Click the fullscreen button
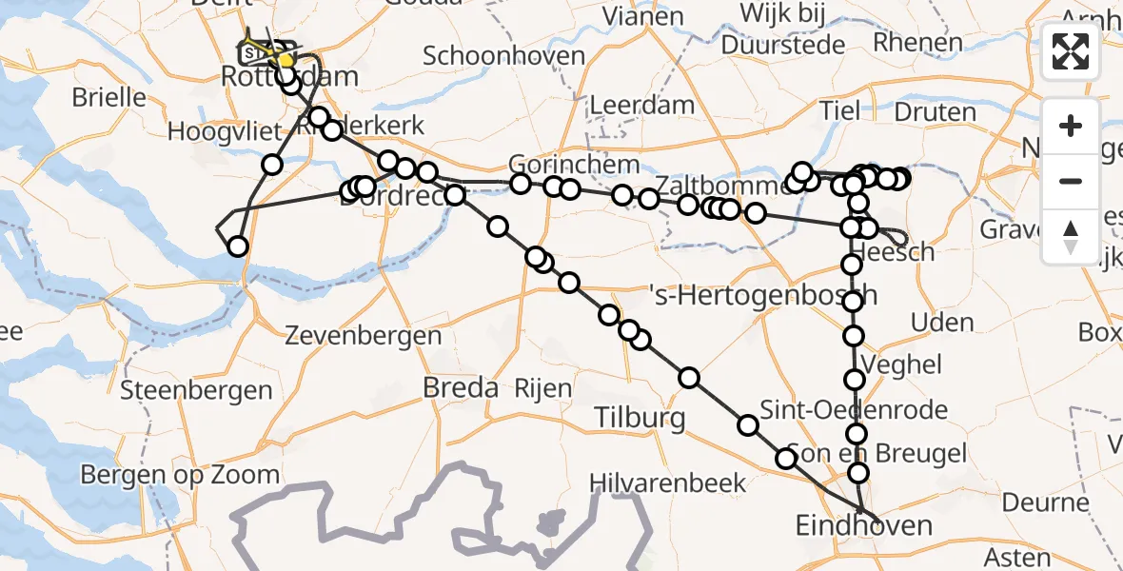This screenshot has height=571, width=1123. point(1071,51)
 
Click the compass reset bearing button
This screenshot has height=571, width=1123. point(1071,236)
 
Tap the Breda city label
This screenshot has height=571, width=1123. point(462,388)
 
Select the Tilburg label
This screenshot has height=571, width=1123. point(640,418)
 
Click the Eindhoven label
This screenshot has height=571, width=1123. point(864,526)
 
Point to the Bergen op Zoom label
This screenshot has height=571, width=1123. point(180,475)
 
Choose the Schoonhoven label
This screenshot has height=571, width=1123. point(503,55)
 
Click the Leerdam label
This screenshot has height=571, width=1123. point(641,104)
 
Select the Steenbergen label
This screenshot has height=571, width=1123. point(196,389)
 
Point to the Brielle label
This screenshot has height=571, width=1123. point(110,97)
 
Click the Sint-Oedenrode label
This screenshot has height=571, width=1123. point(860,410)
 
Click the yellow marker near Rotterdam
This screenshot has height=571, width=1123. point(284,61)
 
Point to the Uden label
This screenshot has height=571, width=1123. point(941,322)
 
